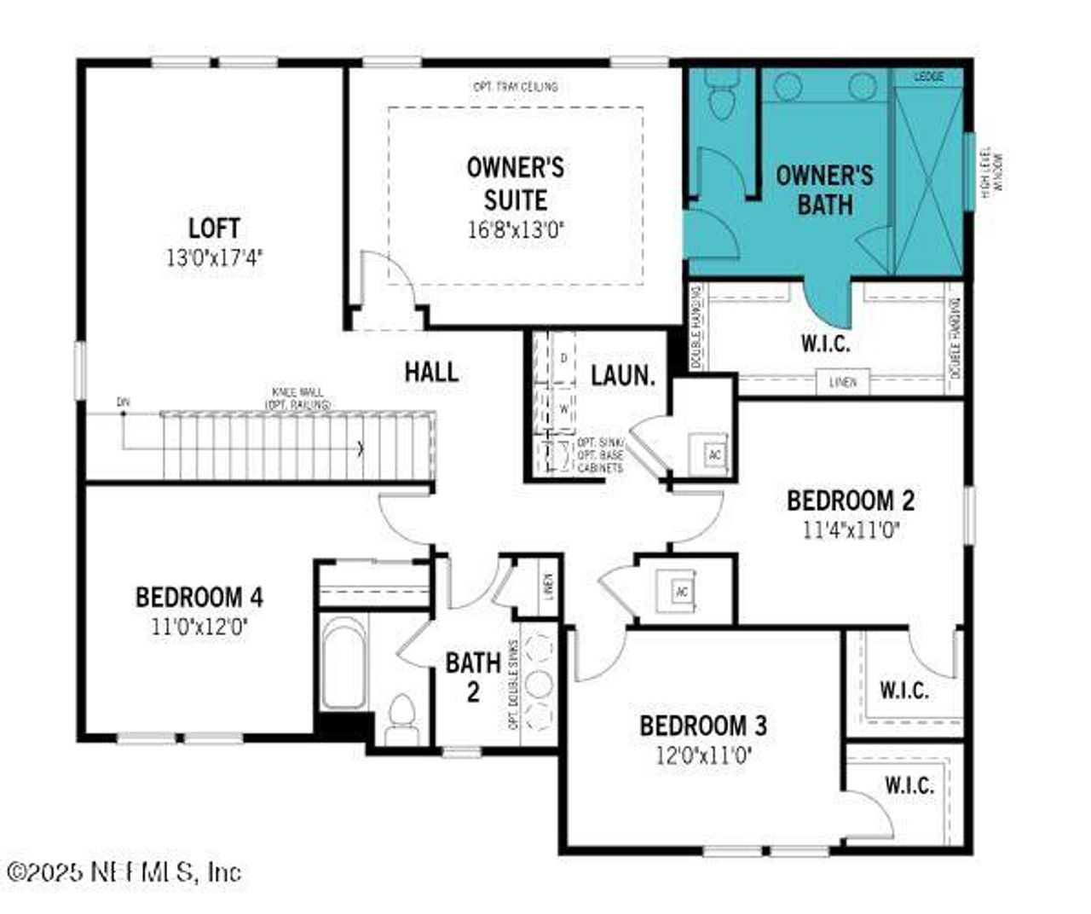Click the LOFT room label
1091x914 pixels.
coord(214,228)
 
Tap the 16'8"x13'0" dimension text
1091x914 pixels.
coord(515,229)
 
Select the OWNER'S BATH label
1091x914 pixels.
coord(824,189)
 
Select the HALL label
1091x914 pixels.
coord(431,371)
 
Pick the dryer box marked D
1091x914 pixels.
coord(563,358)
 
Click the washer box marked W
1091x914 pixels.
coord(563,408)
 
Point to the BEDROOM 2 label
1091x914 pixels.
coord(851,500)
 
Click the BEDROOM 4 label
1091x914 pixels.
coord(199,597)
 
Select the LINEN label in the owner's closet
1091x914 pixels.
coord(843,382)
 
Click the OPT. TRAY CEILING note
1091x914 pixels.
coord(516,87)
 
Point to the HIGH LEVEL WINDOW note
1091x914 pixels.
coord(991,175)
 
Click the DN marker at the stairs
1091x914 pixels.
coord(124,401)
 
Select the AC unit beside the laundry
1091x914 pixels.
coord(714,454)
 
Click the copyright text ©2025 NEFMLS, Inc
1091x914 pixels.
coord(124,871)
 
